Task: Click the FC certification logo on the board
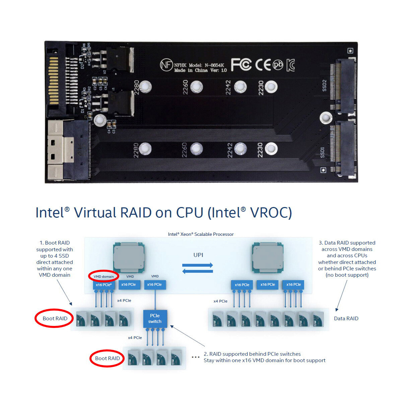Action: [241, 65]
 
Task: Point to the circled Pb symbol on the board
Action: [278, 65]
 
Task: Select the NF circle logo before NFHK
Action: [166, 65]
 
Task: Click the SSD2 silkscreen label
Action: [324, 86]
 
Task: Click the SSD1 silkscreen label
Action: [323, 152]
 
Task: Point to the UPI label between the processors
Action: [198, 255]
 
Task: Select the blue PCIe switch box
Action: [155, 319]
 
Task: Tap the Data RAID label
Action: [346, 319]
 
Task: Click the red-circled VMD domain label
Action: [104, 276]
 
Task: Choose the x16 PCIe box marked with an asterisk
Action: [104, 285]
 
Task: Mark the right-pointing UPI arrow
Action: [198, 265]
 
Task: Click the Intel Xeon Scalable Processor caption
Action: [201, 234]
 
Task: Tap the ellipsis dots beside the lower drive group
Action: [195, 357]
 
